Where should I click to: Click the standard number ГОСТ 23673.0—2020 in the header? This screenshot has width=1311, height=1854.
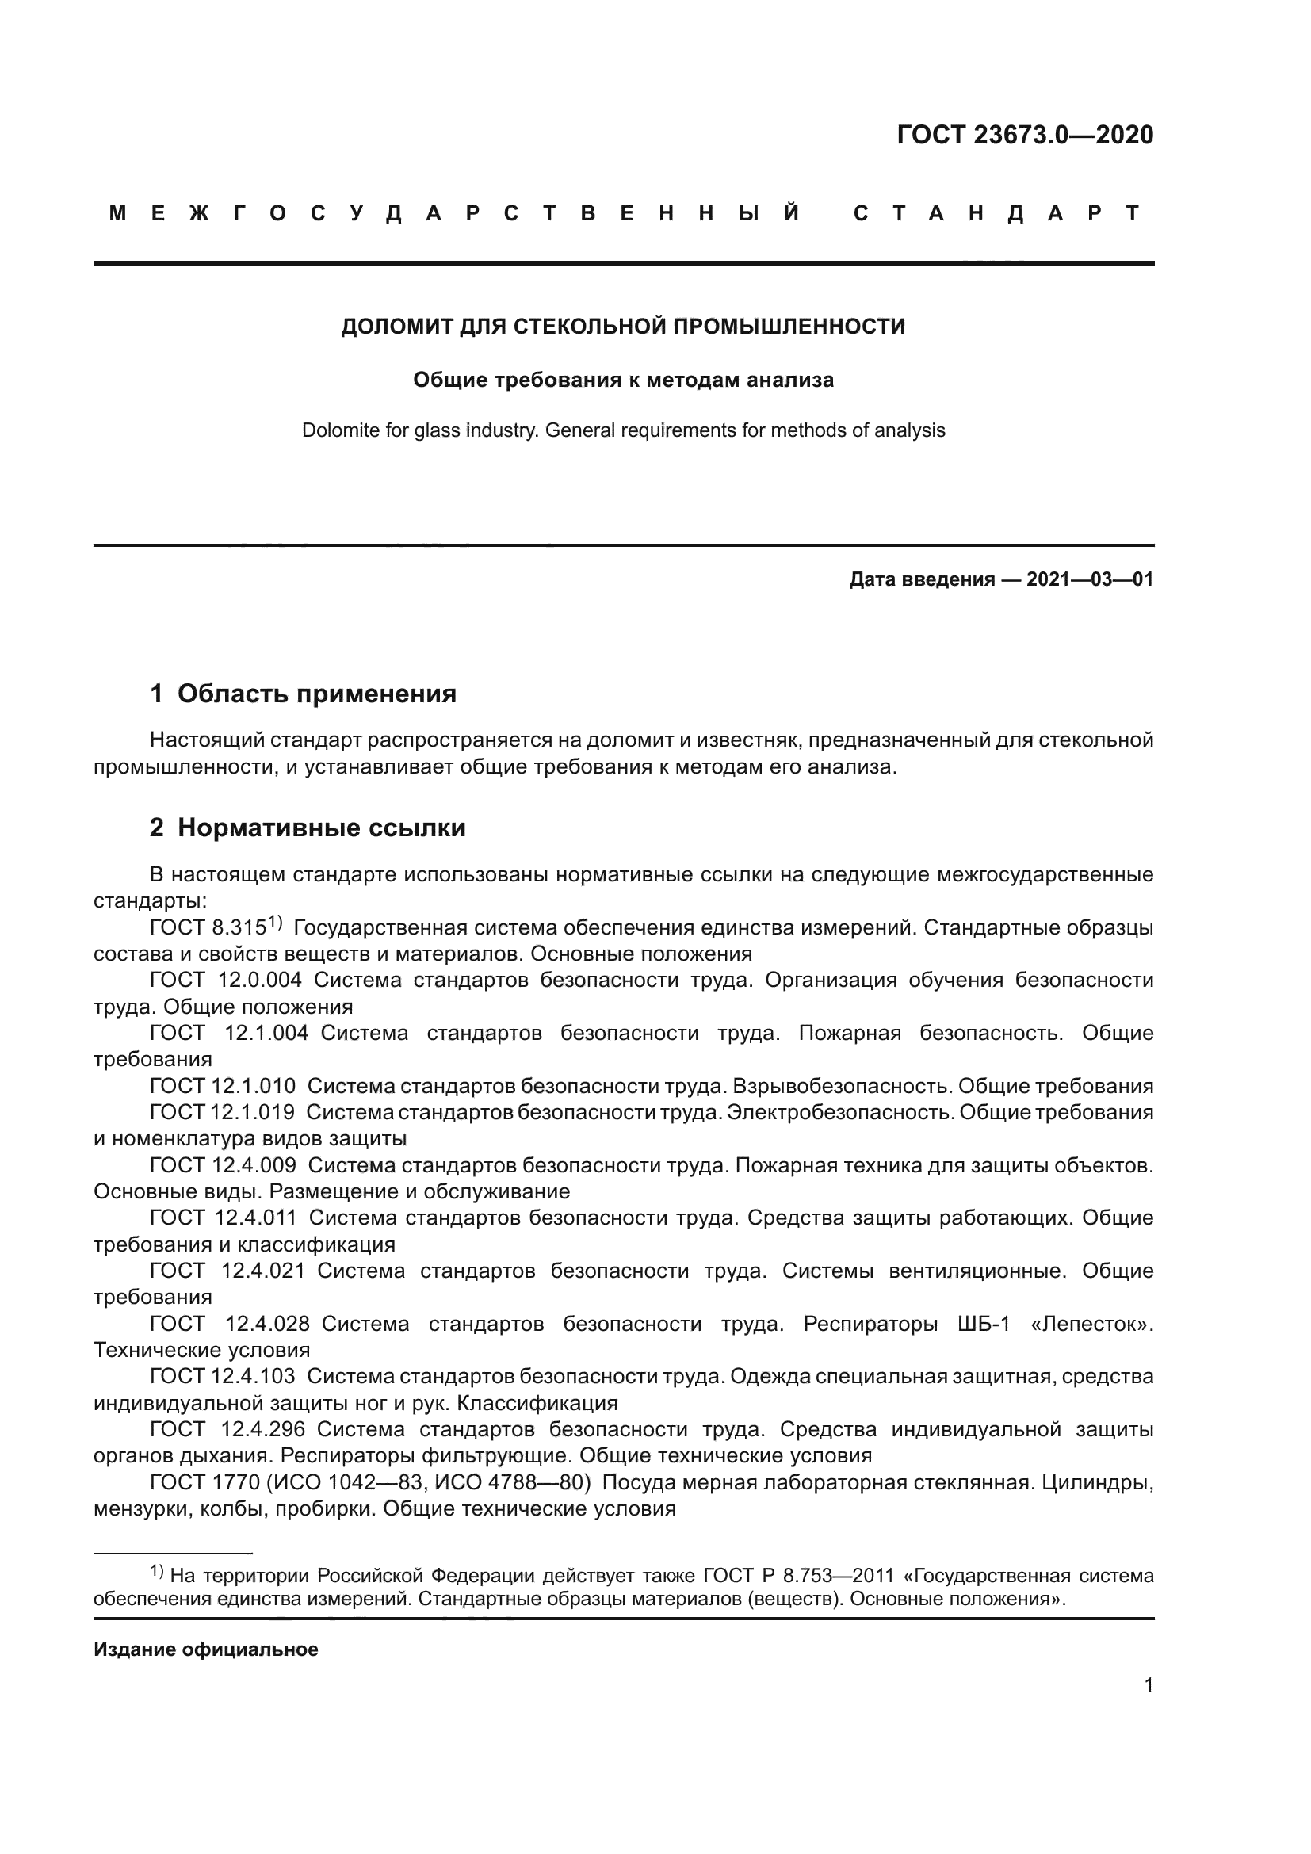(1024, 135)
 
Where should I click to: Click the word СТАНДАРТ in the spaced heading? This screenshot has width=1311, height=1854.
(996, 213)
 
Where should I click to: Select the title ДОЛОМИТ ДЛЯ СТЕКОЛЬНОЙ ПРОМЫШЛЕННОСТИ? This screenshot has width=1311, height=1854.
(622, 327)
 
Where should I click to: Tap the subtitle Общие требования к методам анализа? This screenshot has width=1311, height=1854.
(622, 380)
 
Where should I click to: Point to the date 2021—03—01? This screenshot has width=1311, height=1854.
(1090, 579)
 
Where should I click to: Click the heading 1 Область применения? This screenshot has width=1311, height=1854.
(303, 694)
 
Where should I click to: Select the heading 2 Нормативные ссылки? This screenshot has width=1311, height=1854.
(308, 828)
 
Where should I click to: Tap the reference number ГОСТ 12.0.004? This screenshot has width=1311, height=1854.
(225, 981)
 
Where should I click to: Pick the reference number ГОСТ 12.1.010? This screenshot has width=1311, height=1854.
(223, 1086)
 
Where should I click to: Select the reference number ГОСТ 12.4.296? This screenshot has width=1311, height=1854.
(227, 1429)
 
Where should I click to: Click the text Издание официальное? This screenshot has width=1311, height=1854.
(206, 1649)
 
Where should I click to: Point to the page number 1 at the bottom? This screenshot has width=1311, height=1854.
(1148, 1685)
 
